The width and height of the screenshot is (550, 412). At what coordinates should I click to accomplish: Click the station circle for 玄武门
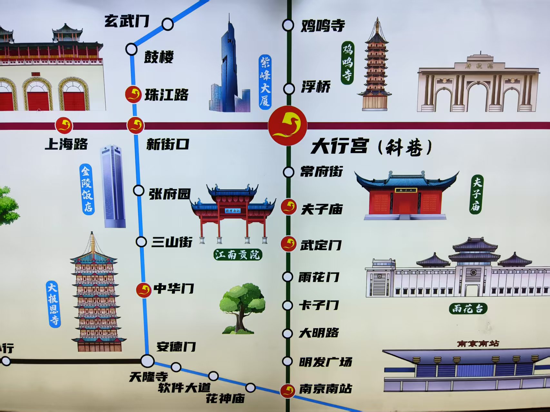click(x=167, y=24)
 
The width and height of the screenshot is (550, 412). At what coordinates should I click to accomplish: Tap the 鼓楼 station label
click(x=159, y=57)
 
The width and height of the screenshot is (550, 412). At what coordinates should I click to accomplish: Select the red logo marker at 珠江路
click(x=133, y=95)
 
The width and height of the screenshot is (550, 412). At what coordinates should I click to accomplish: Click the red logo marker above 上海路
click(x=64, y=126)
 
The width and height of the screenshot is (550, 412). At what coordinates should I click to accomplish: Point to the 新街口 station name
click(x=168, y=144)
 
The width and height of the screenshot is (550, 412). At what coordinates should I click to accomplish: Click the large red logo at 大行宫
click(x=288, y=126)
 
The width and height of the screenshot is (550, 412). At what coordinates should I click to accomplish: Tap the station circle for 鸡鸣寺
click(x=288, y=25)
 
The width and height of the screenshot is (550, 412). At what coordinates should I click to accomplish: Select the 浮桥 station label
click(x=316, y=87)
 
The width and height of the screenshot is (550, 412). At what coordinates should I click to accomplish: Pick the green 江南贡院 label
click(x=238, y=255)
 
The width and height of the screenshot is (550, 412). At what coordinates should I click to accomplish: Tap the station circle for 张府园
click(x=139, y=191)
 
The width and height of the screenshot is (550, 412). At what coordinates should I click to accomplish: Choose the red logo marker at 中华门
click(x=143, y=290)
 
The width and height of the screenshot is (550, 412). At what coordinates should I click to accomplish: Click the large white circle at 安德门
click(x=147, y=361)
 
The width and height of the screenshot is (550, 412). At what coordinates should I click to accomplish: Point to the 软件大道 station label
click(x=184, y=388)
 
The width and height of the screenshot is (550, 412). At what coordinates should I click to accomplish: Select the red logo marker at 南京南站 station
click(x=288, y=391)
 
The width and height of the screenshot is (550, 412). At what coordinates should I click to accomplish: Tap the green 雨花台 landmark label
click(x=468, y=309)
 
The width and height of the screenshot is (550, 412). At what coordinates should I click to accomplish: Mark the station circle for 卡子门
click(x=287, y=305)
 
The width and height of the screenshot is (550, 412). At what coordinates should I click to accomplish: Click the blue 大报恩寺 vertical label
click(x=54, y=304)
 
